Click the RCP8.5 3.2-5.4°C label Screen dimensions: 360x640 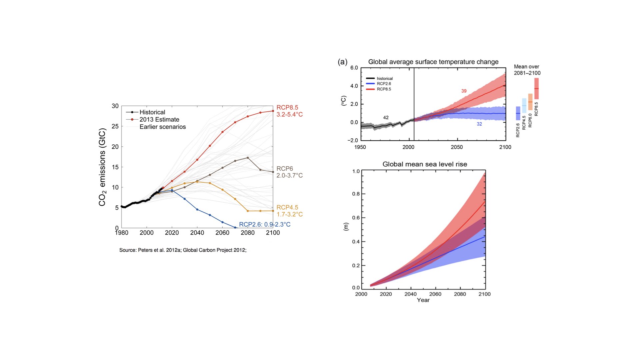[289, 111]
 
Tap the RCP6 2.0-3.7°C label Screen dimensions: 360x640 [289, 172]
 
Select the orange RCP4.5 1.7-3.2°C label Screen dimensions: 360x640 [289, 211]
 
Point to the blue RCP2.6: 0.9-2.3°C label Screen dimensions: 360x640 [265, 224]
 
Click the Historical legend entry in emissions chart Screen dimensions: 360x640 [152, 112]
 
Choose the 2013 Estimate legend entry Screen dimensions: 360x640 [159, 119]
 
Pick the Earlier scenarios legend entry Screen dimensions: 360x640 [162, 127]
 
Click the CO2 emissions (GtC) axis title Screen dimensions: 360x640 [102, 167]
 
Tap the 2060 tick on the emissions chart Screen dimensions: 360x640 [222, 233]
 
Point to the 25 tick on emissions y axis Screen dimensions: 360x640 [115, 126]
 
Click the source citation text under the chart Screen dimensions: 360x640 [183, 250]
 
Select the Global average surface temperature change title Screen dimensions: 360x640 [433, 62]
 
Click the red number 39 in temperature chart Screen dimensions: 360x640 [464, 91]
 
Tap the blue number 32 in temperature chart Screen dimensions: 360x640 [479, 124]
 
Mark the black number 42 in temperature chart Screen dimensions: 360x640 [386, 118]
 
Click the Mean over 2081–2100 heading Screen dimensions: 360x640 [527, 70]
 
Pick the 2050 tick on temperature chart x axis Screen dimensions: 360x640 [457, 147]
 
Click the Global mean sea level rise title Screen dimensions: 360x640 [425, 164]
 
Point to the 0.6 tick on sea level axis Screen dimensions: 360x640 [356, 218]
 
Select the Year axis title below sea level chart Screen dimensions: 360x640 [423, 300]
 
